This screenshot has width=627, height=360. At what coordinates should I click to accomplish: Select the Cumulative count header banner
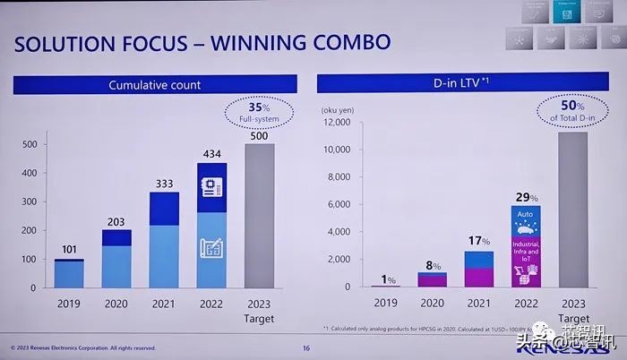tap(154, 85)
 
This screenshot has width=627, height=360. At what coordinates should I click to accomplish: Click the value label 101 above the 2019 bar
tap(69, 250)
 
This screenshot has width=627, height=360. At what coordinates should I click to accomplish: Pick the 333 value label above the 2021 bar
tap(163, 184)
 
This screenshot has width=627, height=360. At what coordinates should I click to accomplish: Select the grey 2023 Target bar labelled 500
tap(259, 215)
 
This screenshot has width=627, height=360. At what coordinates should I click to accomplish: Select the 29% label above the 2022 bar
tap(527, 196)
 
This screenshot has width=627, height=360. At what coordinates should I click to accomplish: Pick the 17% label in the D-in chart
tap(479, 240)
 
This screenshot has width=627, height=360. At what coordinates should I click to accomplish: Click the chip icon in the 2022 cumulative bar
tap(212, 188)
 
